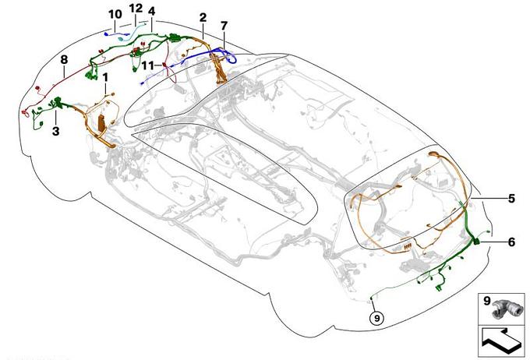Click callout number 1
[106, 77]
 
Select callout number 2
[203, 18]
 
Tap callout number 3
[56, 131]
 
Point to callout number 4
[151, 11]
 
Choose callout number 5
[512, 199]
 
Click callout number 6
[512, 242]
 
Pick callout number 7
[224, 26]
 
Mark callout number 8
[64, 60]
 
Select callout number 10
[115, 15]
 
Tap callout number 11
[148, 65]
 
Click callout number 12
[136, 9]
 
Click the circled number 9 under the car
[377, 318]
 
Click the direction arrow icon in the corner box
[502, 341]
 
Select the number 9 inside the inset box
[486, 301]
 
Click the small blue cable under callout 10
[117, 34]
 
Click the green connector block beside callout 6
[476, 241]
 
